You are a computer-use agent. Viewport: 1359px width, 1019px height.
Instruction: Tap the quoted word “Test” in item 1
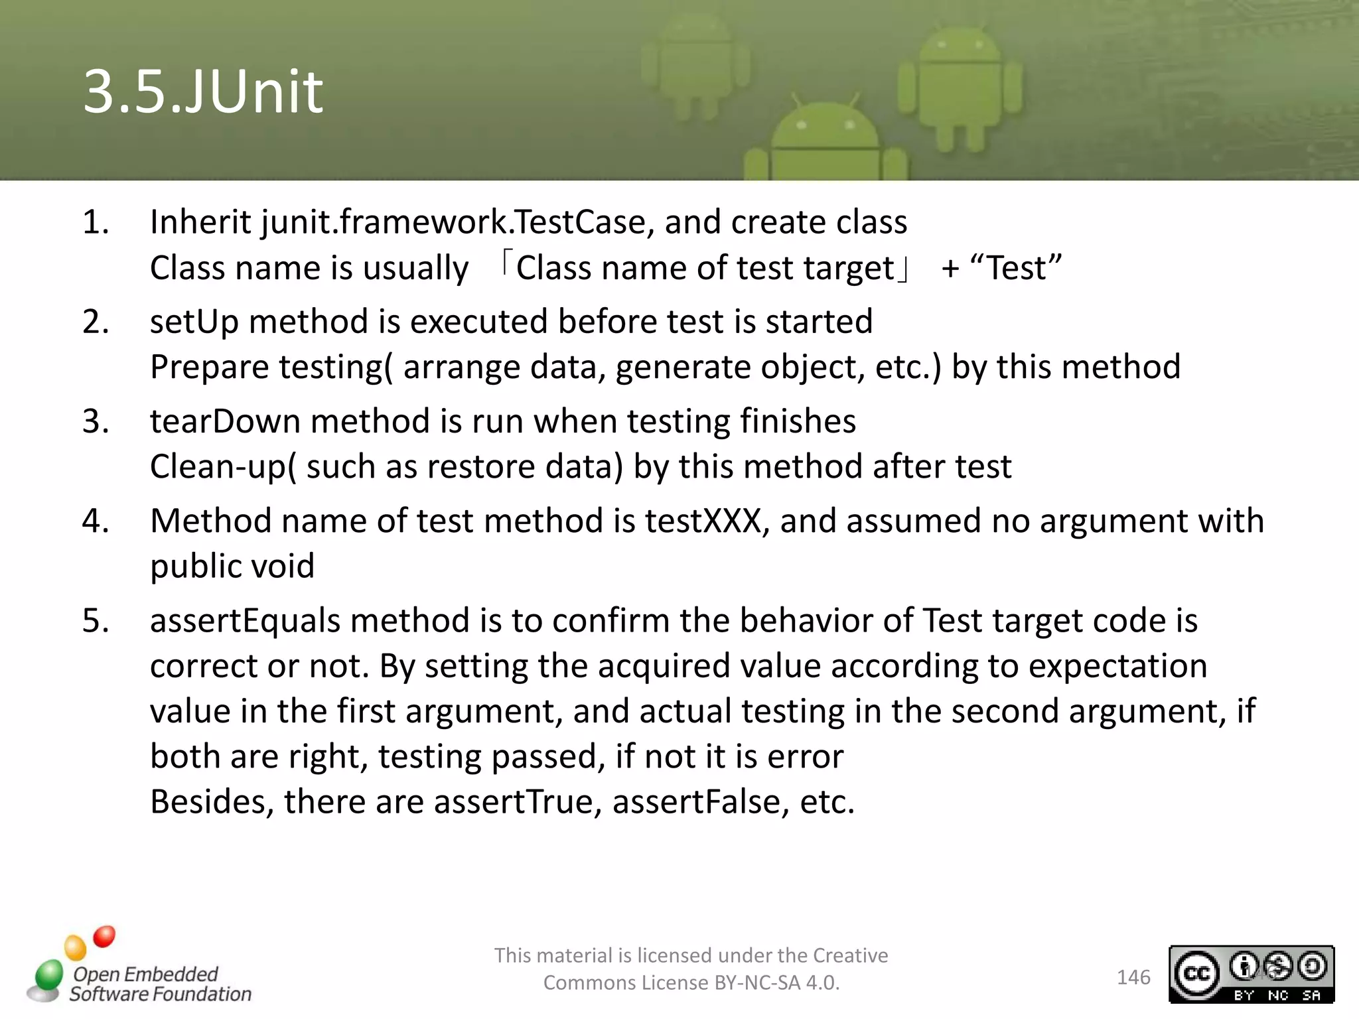pos(1016,268)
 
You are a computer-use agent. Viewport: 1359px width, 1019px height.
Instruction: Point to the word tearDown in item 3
pos(224,421)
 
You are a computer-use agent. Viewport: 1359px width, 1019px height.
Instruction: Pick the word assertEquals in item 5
pos(245,621)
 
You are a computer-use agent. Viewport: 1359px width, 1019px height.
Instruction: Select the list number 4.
pos(96,521)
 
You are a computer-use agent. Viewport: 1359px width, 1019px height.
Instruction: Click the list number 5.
pos(96,621)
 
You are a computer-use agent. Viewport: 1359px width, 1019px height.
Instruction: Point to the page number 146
pos(1133,977)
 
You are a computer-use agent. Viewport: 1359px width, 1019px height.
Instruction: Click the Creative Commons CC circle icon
pos(1197,973)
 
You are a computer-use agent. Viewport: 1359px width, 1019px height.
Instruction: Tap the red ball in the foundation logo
pos(104,937)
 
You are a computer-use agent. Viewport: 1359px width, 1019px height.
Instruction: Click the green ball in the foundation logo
pos(49,975)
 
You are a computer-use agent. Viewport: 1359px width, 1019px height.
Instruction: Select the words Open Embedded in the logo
pos(145,974)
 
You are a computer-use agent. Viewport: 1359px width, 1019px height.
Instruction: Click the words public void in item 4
pos(232,567)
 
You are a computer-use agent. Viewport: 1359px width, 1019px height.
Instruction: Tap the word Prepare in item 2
pos(209,368)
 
